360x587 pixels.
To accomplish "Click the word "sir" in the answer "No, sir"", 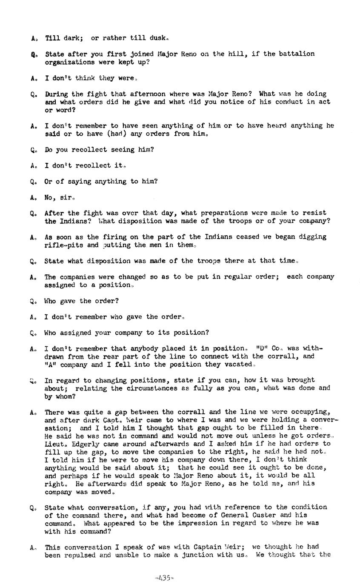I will [67, 197].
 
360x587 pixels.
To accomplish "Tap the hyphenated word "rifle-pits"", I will [62, 245].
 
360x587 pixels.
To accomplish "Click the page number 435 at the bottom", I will [165, 578].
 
